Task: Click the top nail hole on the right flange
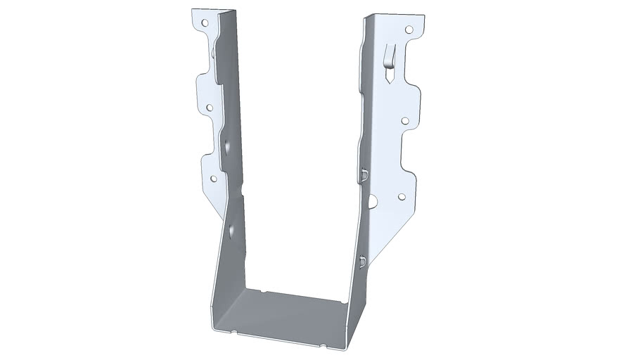pyautogui.click(x=409, y=30)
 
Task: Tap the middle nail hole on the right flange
pyautogui.click(x=405, y=121)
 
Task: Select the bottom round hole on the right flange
pyautogui.click(x=402, y=198)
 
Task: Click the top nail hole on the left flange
pyautogui.click(x=205, y=22)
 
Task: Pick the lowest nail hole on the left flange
pyautogui.click(x=213, y=179)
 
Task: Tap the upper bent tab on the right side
pyautogui.click(x=364, y=174)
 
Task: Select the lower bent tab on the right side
pyautogui.click(x=361, y=262)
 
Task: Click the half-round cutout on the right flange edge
pyautogui.click(x=371, y=202)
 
